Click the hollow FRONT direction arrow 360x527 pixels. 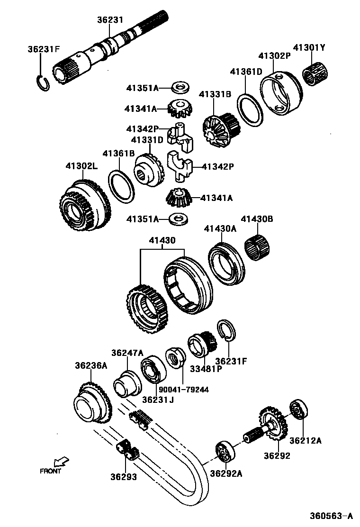click(x=61, y=461)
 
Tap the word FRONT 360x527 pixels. click(x=50, y=471)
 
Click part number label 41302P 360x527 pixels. click(x=274, y=55)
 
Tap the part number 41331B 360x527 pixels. click(x=215, y=94)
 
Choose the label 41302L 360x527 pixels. click(x=81, y=166)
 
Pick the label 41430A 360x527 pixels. click(x=220, y=228)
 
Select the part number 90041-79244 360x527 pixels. click(x=184, y=390)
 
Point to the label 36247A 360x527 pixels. click(x=127, y=353)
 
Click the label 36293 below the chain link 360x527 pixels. click(x=124, y=477)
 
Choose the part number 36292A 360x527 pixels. click(x=226, y=473)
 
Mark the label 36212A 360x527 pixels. click(x=306, y=440)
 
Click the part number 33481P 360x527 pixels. click(x=206, y=368)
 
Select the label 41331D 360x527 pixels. click(x=147, y=140)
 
